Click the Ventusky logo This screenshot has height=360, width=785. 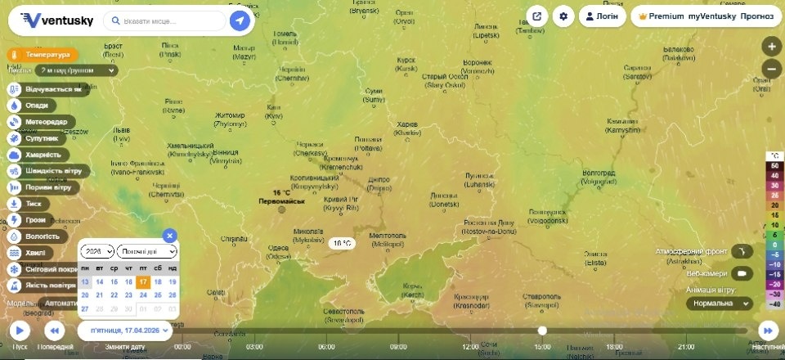pyautogui.click(x=57, y=20)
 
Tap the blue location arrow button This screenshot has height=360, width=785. pyautogui.click(x=240, y=20)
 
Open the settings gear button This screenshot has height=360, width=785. pyautogui.click(x=563, y=16)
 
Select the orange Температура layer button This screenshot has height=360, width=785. pyautogui.click(x=44, y=55)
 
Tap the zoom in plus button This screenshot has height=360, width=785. pyautogui.click(x=771, y=46)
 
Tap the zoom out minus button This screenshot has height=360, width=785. pyautogui.click(x=771, y=69)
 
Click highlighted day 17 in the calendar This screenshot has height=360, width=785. pyautogui.click(x=143, y=281)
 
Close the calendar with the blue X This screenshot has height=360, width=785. pyautogui.click(x=169, y=236)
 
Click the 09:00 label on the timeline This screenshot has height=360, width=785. pyautogui.click(x=398, y=346)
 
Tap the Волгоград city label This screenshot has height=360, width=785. pyautogui.click(x=598, y=173)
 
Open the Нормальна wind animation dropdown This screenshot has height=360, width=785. pyautogui.click(x=719, y=303)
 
